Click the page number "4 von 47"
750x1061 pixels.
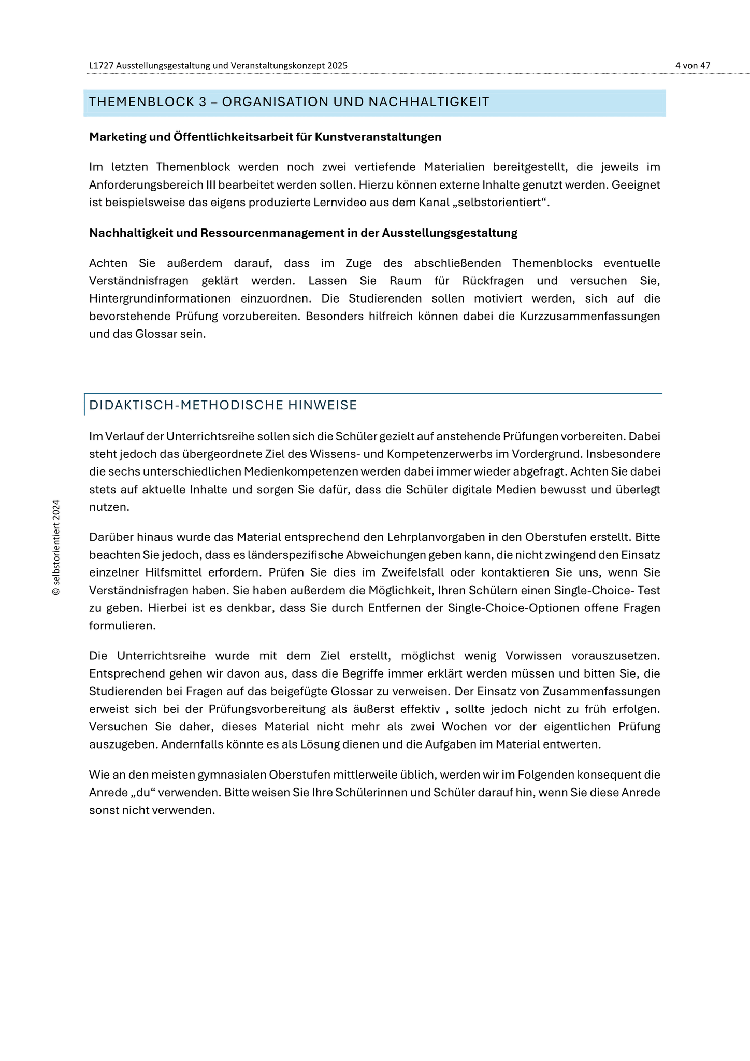tap(693, 66)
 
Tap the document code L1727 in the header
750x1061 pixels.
tap(101, 66)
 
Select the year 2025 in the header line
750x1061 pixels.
tap(338, 66)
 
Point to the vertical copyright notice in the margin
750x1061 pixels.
tap(56, 548)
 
